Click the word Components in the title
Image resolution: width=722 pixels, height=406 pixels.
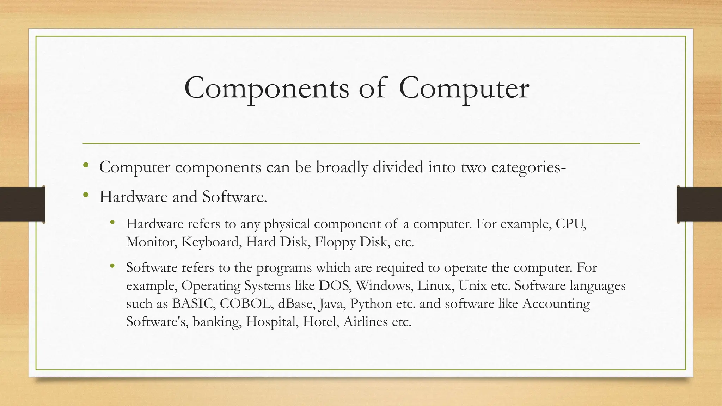point(266,88)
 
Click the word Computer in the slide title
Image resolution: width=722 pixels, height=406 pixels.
point(464,88)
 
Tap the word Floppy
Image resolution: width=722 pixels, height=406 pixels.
point(335,242)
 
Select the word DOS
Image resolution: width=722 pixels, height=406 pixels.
point(335,285)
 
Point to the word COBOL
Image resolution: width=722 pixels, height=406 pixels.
point(246,303)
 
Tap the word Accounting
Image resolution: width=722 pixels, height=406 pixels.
point(556,303)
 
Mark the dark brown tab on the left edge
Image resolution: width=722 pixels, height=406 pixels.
point(22,204)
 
